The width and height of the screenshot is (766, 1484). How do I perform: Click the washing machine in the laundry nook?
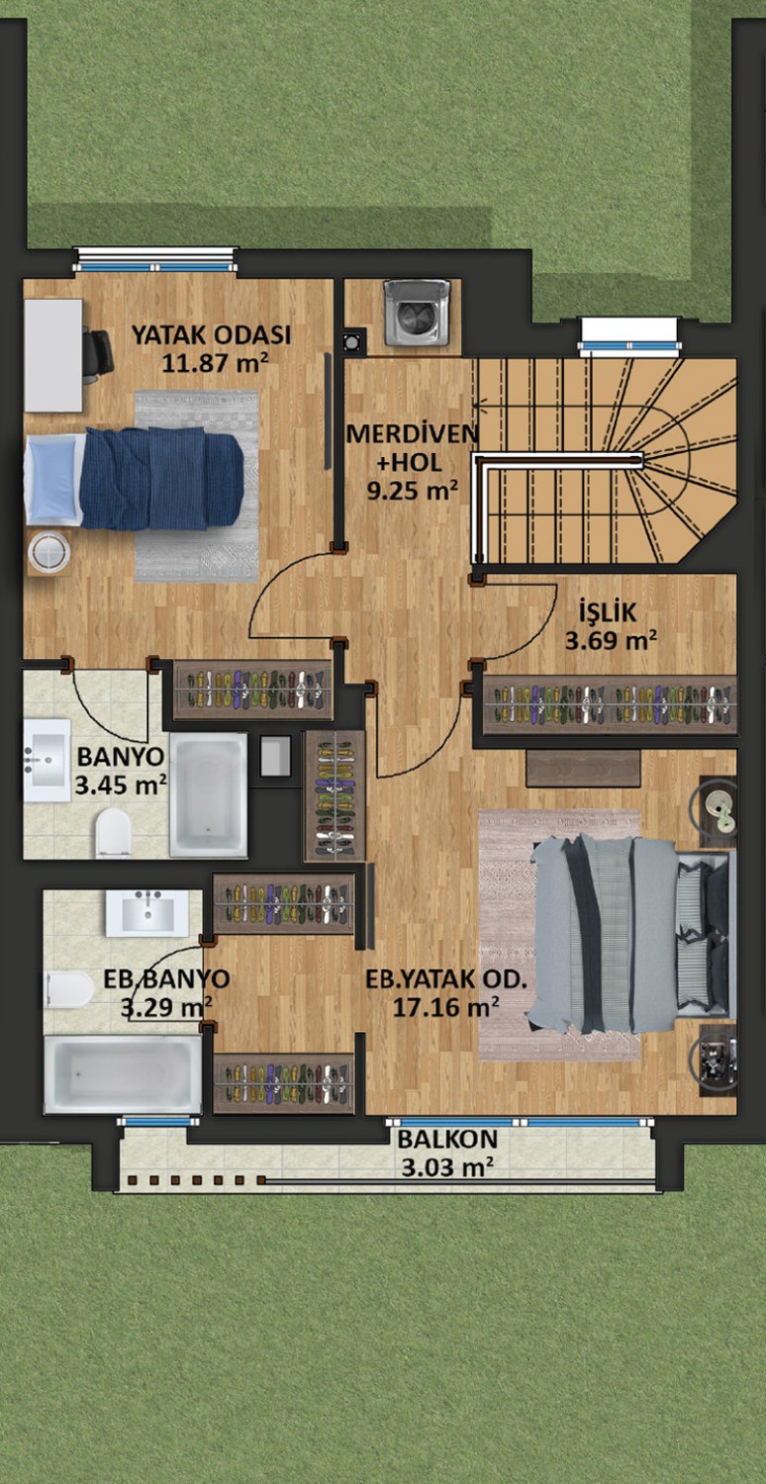tap(418, 312)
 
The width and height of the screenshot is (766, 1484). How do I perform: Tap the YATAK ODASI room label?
tap(211, 335)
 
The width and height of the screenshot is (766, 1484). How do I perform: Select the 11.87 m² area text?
tap(215, 362)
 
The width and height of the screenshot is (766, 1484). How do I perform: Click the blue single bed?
tap(135, 478)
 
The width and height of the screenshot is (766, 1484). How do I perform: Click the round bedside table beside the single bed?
tap(49, 552)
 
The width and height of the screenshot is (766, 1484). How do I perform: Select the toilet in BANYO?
tap(113, 832)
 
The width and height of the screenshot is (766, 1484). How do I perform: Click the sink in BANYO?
tap(48, 760)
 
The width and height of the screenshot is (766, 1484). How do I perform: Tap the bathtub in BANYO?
tap(208, 795)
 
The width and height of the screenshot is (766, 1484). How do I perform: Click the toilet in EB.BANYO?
tap(69, 989)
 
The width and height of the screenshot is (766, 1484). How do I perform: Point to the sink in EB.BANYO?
tap(147, 913)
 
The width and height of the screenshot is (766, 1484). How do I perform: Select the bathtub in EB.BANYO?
tap(123, 1073)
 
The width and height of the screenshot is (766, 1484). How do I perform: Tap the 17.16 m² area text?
tap(445, 1007)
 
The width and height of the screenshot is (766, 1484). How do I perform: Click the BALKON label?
tap(447, 1139)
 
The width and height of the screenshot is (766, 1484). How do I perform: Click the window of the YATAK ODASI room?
tap(155, 259)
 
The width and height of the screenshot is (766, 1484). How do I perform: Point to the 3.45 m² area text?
tap(121, 786)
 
